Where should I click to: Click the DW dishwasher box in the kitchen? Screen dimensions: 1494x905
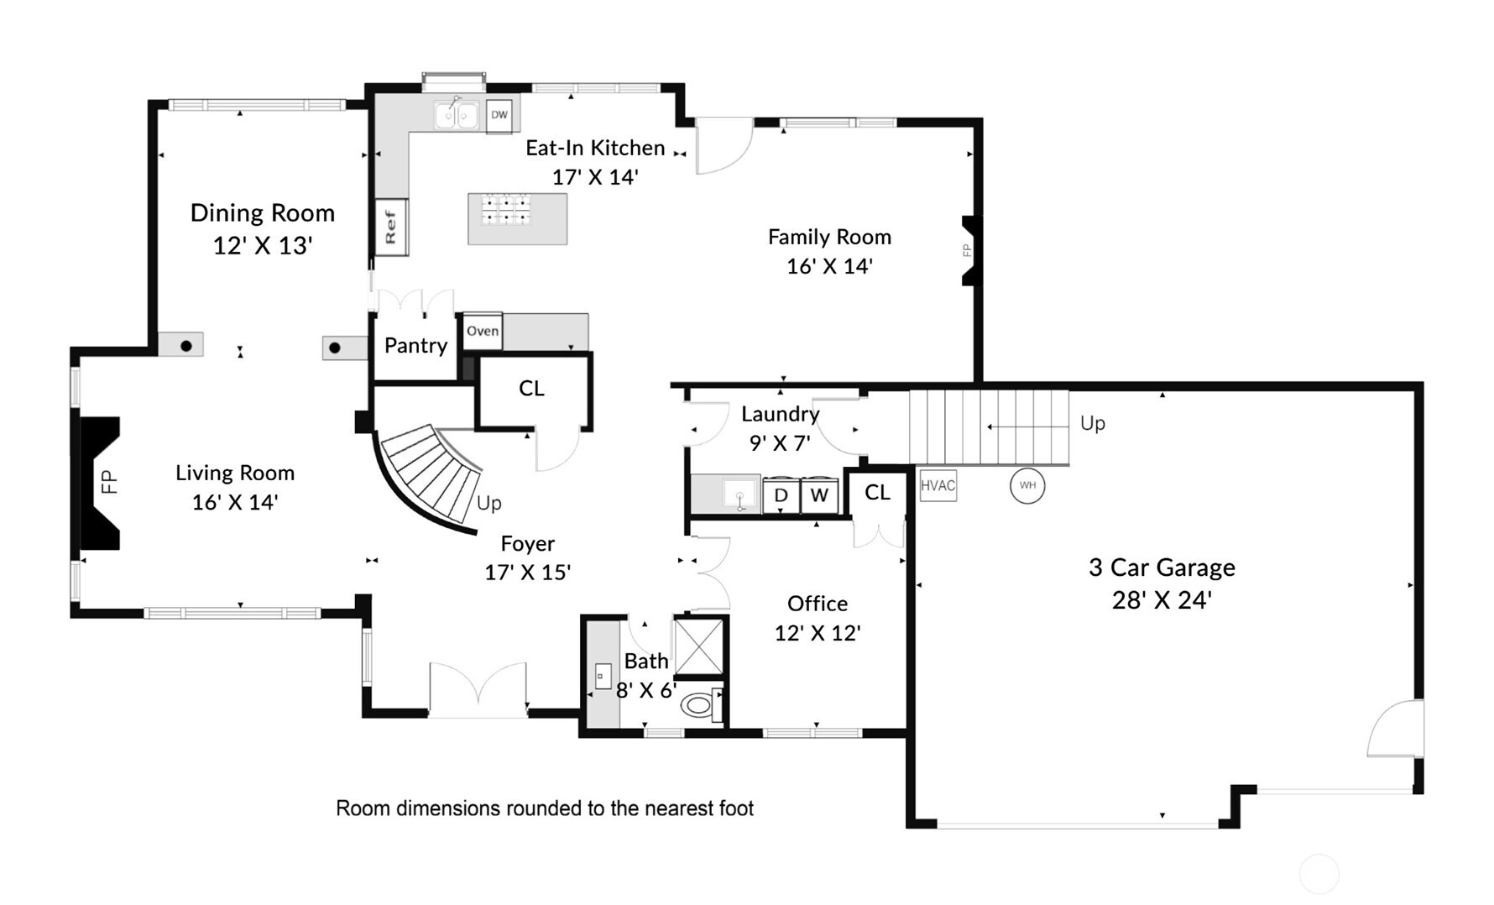499,115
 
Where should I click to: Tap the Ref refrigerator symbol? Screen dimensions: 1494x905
390,227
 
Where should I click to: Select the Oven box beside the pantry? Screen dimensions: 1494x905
483,331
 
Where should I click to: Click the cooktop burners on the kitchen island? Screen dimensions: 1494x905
506,209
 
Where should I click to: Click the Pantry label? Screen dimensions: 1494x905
415,346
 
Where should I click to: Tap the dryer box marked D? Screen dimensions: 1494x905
781,495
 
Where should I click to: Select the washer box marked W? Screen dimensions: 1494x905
819,495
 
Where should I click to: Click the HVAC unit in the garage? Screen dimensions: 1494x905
938,485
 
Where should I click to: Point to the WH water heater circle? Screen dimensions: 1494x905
1027,485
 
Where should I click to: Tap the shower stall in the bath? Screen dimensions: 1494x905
698,646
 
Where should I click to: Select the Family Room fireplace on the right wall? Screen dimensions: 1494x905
972,250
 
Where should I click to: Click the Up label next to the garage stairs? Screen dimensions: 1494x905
1092,423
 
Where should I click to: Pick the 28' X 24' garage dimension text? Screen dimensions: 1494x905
1162,600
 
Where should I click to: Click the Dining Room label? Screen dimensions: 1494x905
263,213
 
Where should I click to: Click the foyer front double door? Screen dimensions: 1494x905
478,690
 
